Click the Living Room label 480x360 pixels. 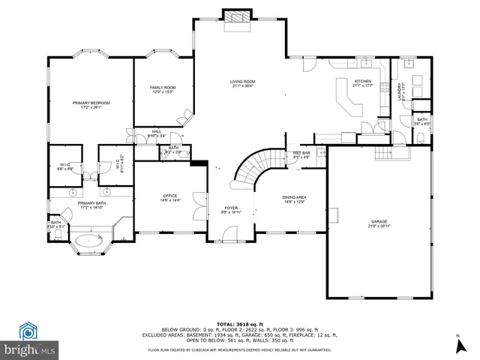coord(242,83)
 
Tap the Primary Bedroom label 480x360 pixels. coord(91,104)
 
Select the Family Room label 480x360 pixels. coord(163,90)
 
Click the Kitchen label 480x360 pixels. coord(363,82)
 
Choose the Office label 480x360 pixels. coord(170,198)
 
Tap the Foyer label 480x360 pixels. coord(231,210)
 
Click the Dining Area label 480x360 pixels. coord(295,199)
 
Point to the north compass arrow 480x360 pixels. coord(457,346)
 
